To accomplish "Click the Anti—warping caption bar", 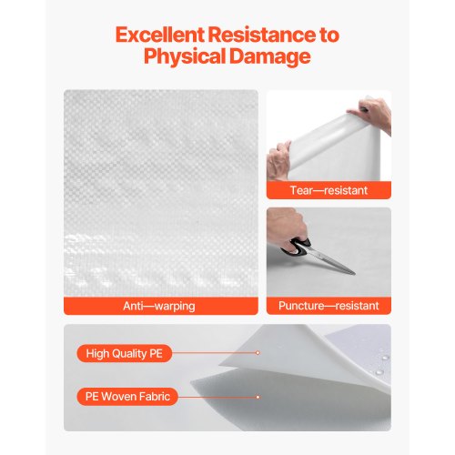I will click(x=160, y=306).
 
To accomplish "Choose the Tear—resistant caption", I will click(x=328, y=190).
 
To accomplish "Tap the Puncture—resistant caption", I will click(x=328, y=306).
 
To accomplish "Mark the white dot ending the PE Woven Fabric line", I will click(x=259, y=397).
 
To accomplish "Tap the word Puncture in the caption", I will click(x=304, y=306).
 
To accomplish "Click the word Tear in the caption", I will click(x=305, y=190).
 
